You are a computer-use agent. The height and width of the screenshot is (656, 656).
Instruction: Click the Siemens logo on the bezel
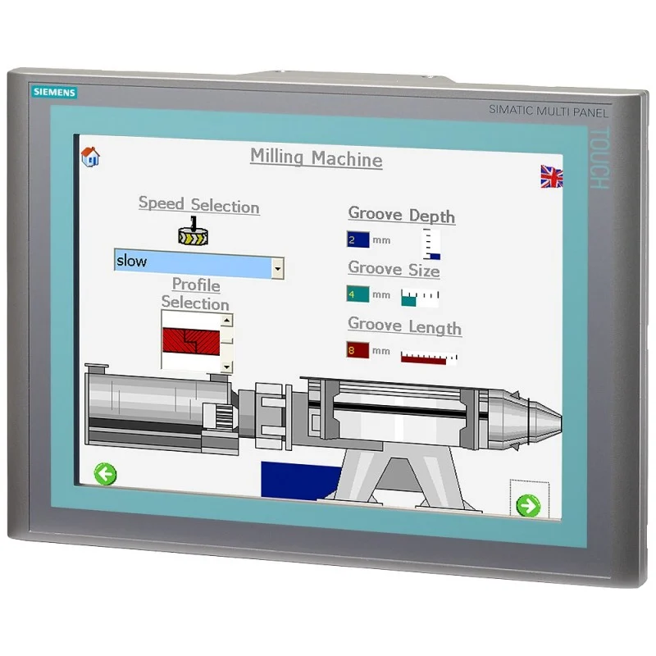click(54, 92)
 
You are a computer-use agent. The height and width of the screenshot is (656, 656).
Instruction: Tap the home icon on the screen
click(90, 157)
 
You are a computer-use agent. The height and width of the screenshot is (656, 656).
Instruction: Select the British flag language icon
click(551, 176)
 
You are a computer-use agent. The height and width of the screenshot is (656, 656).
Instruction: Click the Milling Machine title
click(316, 158)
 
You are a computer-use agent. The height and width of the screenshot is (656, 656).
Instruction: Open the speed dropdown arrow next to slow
click(277, 268)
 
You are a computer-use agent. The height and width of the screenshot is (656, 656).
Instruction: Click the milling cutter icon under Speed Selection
click(193, 231)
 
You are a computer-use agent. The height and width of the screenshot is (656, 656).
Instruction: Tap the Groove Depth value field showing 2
click(358, 239)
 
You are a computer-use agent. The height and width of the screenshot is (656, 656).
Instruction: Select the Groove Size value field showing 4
click(358, 294)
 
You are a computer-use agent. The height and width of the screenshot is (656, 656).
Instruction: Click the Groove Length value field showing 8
click(358, 350)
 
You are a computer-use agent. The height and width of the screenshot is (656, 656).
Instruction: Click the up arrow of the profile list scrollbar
click(226, 321)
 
